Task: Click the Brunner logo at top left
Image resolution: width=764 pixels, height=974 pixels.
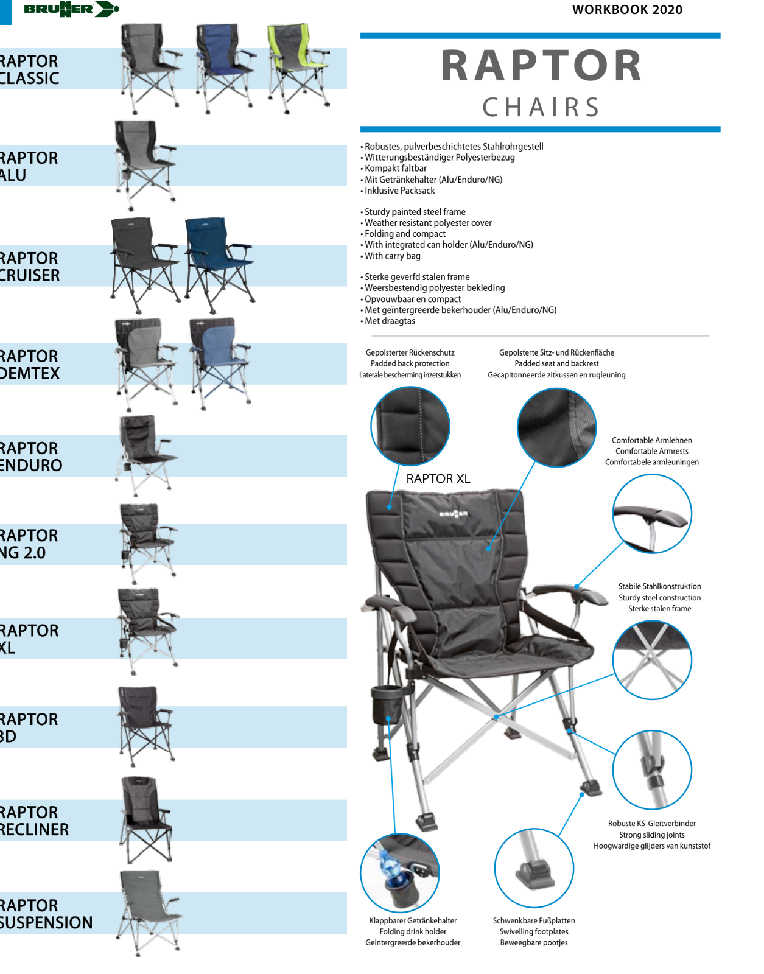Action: [71, 9]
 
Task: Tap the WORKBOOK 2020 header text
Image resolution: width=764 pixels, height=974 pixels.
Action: [627, 10]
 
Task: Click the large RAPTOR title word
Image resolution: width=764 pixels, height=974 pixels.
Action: [541, 66]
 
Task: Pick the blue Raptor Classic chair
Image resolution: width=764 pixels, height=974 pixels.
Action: [223, 67]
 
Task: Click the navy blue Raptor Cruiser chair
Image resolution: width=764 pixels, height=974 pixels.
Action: [217, 259]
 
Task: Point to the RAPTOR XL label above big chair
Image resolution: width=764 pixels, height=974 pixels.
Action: [438, 479]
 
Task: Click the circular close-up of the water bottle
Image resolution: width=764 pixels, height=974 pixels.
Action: [399, 872]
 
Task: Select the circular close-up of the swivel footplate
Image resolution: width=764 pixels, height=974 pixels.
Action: [534, 867]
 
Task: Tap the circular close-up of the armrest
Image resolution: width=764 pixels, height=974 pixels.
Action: [651, 514]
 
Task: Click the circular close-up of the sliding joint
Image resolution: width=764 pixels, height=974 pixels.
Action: [651, 769]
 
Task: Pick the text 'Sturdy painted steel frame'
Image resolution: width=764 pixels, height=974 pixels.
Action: [415, 212]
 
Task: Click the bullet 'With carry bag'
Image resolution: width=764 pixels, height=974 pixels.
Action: [392, 256]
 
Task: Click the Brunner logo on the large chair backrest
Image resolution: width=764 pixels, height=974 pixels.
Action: [454, 514]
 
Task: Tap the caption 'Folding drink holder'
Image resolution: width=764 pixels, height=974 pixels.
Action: [413, 931]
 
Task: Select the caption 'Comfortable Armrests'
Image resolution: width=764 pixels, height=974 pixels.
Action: [651, 451]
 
